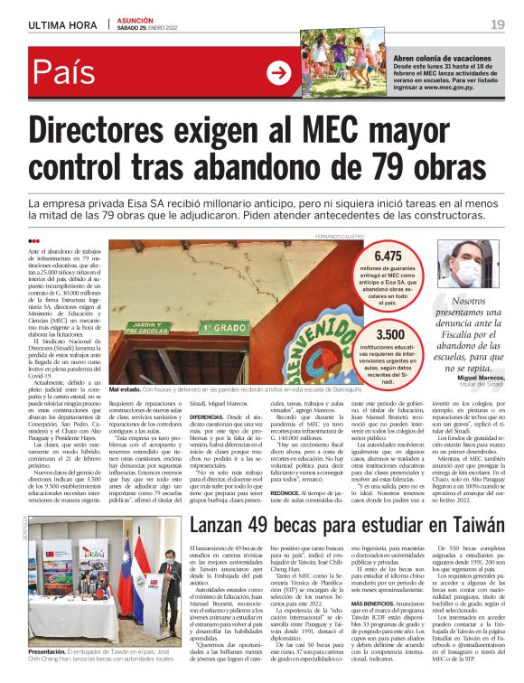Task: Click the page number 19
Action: point(498,23)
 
